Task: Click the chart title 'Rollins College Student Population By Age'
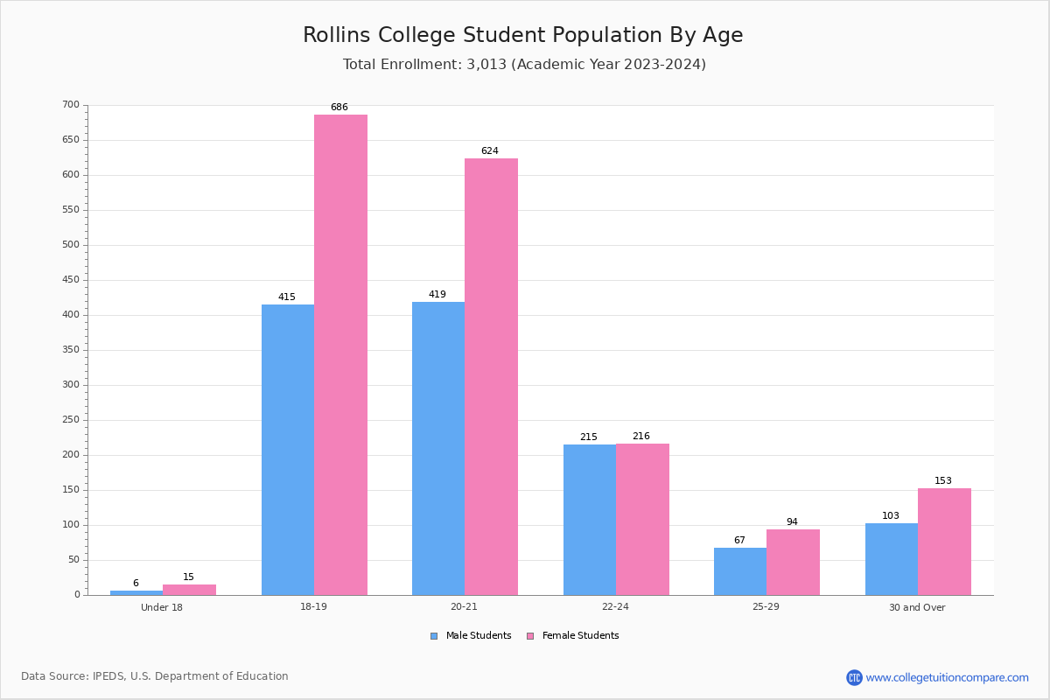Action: (x=522, y=35)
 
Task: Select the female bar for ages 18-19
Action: (x=340, y=354)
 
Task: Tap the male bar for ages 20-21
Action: (x=438, y=448)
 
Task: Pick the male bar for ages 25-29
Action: (x=740, y=571)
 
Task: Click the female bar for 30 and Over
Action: (x=944, y=542)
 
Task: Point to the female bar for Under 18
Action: (x=189, y=590)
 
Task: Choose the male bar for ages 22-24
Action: (x=590, y=520)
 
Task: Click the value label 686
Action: (x=339, y=108)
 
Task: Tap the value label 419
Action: (x=437, y=295)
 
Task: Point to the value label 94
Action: (x=792, y=522)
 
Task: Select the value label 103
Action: (x=891, y=516)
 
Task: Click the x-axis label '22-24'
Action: (x=615, y=607)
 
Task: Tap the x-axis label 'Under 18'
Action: (x=162, y=607)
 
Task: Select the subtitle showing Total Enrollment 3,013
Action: (x=524, y=65)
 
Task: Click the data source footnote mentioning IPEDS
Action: (x=155, y=676)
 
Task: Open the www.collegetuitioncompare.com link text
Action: (x=947, y=677)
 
